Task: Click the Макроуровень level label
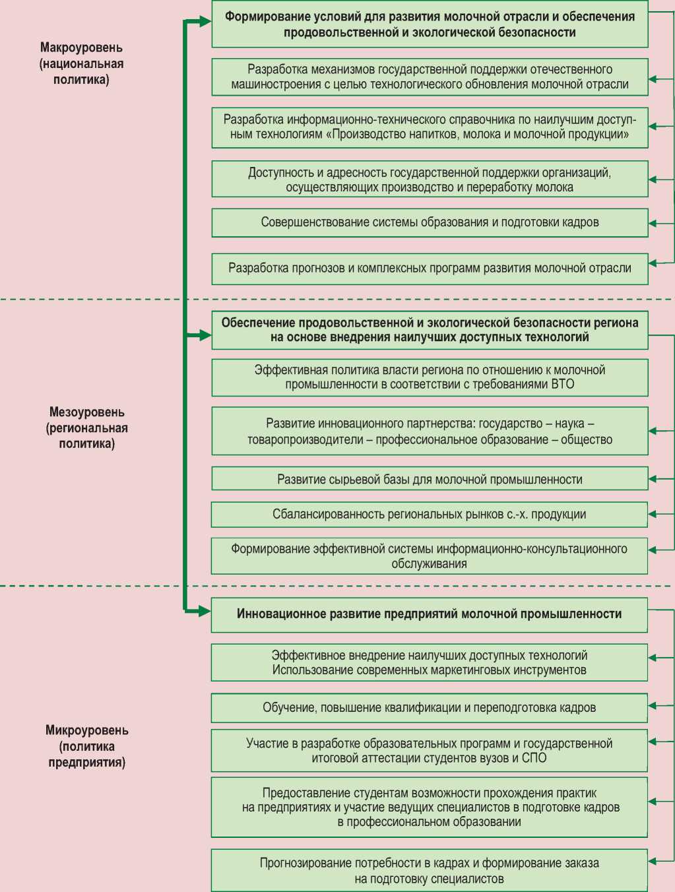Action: [81, 63]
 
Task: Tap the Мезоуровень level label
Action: [86, 428]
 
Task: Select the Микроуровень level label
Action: [86, 746]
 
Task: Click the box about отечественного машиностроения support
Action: [430, 77]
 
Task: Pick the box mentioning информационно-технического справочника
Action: [430, 127]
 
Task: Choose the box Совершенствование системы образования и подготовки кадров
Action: [430, 222]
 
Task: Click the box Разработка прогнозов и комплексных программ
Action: [430, 269]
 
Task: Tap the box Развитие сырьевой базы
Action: [430, 480]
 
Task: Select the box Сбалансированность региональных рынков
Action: [430, 515]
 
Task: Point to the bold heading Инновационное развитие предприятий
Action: [429, 614]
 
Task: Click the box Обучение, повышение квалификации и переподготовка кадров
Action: [429, 708]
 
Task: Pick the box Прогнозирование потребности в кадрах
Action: [429, 870]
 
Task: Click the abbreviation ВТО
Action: [562, 385]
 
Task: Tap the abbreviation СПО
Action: [534, 758]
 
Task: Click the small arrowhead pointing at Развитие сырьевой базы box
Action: [653, 479]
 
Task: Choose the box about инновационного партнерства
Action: [430, 431]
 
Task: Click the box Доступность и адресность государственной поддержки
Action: [430, 179]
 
